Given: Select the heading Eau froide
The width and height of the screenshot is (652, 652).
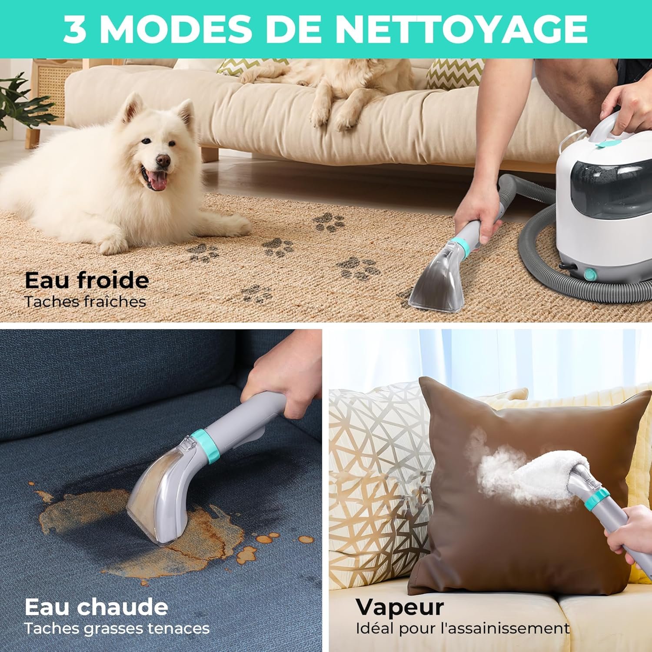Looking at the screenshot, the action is click(x=86, y=280).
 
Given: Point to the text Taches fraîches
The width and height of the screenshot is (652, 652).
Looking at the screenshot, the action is click(x=85, y=302).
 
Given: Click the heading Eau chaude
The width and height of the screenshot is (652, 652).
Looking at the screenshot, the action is click(x=96, y=606).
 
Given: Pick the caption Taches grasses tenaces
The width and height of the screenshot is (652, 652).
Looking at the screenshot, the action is click(x=117, y=628).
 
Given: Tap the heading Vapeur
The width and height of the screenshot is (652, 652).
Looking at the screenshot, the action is click(x=400, y=607).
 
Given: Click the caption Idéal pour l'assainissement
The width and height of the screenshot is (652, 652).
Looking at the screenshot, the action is click(x=462, y=628).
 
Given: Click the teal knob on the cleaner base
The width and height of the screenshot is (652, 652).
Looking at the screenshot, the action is click(x=589, y=274).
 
